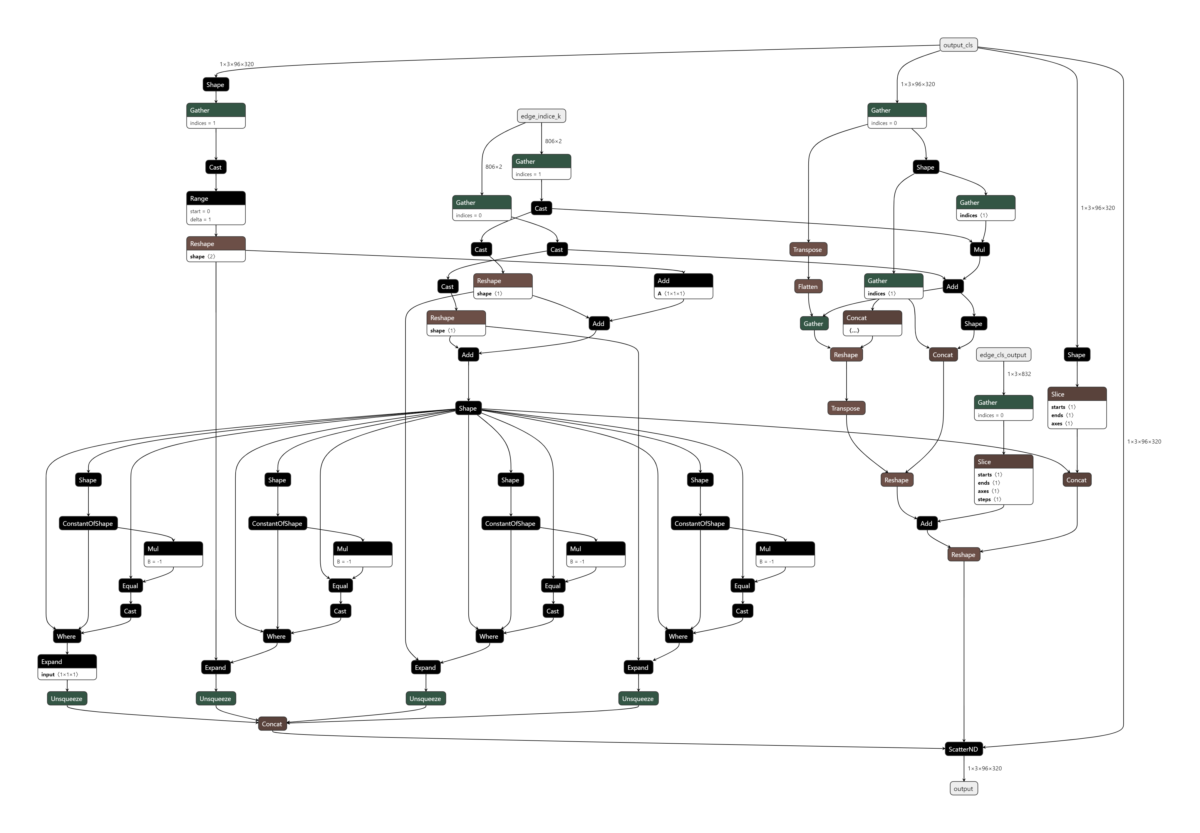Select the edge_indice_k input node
541,116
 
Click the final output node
963,789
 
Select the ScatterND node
963,749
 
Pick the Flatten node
808,287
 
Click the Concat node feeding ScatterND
272,724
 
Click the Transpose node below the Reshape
846,408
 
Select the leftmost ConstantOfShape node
88,523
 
